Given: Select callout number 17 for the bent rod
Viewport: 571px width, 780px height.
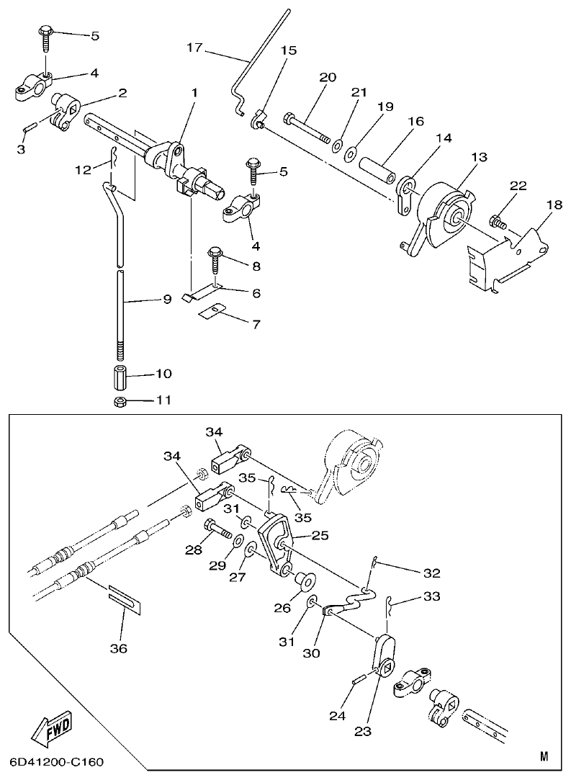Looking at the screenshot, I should pos(194,48).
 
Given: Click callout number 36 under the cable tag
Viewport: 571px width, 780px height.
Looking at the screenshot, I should pos(118,649).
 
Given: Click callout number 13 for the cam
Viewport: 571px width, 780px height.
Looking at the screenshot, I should pos(479,158).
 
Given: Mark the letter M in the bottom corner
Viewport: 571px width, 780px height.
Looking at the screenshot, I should pos(544,756).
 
